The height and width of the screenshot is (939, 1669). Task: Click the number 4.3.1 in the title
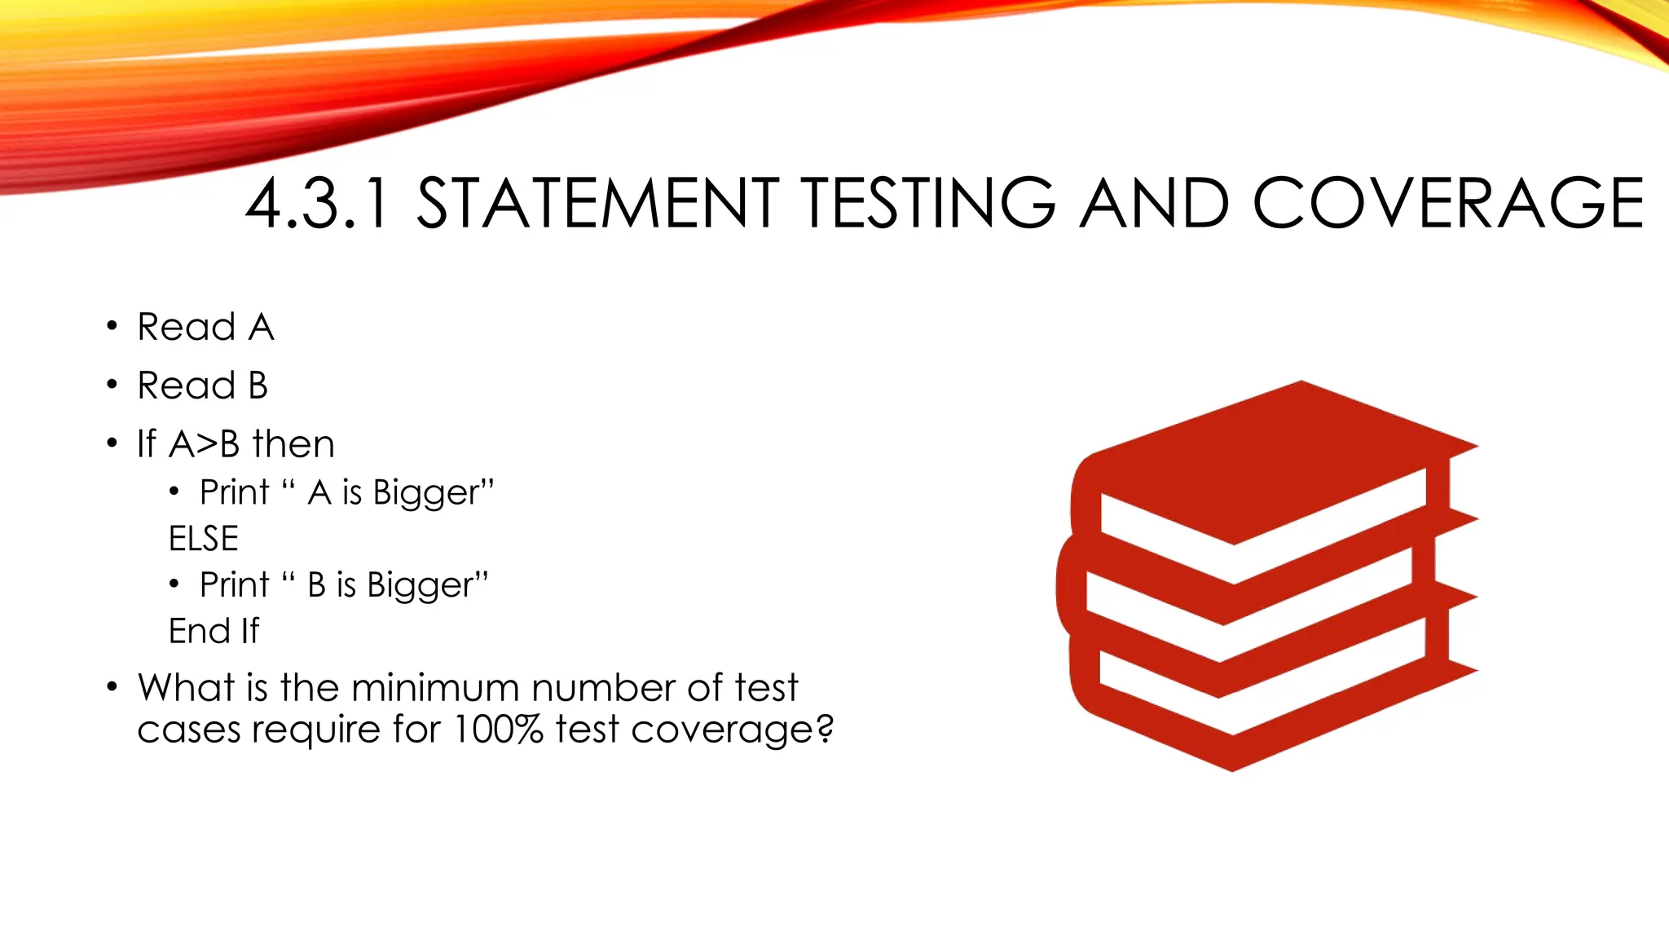318,204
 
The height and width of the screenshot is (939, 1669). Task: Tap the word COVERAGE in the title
1447,204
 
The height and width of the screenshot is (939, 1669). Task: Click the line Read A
205,328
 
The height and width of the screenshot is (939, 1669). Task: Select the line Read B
202,386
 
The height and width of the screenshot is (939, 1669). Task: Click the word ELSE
204,539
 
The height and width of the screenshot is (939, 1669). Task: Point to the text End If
214,631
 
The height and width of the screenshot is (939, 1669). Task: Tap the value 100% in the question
498,729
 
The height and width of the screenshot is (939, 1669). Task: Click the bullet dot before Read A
112,327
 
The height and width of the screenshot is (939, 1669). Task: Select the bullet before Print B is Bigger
174,584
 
